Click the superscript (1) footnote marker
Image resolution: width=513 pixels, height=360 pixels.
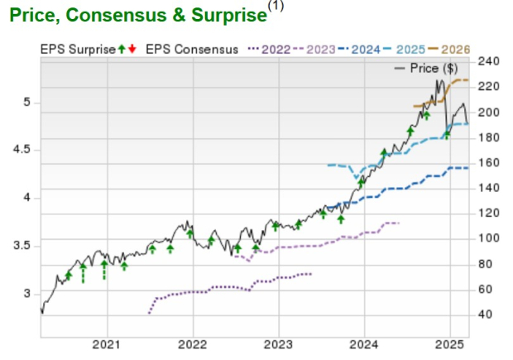(x=273, y=7)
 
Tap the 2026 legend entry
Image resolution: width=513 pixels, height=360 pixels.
(x=456, y=50)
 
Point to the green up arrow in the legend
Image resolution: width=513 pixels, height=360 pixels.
(x=122, y=50)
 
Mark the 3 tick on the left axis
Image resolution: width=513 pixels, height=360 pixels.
(x=27, y=294)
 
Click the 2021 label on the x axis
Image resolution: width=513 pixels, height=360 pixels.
(x=108, y=343)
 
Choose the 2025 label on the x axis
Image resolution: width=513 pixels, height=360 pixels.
(x=449, y=343)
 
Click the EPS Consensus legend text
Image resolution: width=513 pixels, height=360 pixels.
(x=192, y=50)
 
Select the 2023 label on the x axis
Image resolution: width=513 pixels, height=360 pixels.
(x=278, y=343)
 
